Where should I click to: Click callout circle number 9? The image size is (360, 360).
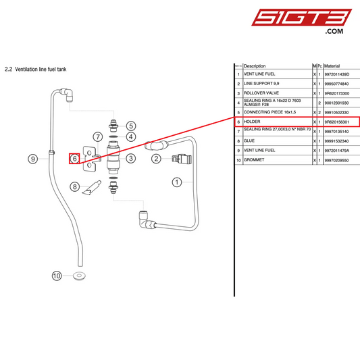pyautogui.click(x=33, y=159)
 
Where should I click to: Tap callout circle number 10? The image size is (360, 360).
pyautogui.click(x=57, y=276)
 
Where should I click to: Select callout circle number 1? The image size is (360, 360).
pyautogui.click(x=178, y=181)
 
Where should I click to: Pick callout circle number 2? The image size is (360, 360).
pyautogui.click(x=156, y=159)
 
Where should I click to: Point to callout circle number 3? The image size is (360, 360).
pyautogui.click(x=131, y=158)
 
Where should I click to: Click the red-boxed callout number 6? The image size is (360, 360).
pyautogui.click(x=76, y=159)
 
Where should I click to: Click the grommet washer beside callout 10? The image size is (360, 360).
pyautogui.click(x=80, y=276)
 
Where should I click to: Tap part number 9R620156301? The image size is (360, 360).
pyautogui.click(x=338, y=122)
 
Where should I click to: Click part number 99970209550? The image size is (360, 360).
pyautogui.click(x=338, y=160)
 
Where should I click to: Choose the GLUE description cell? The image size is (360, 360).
pyautogui.click(x=249, y=140)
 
